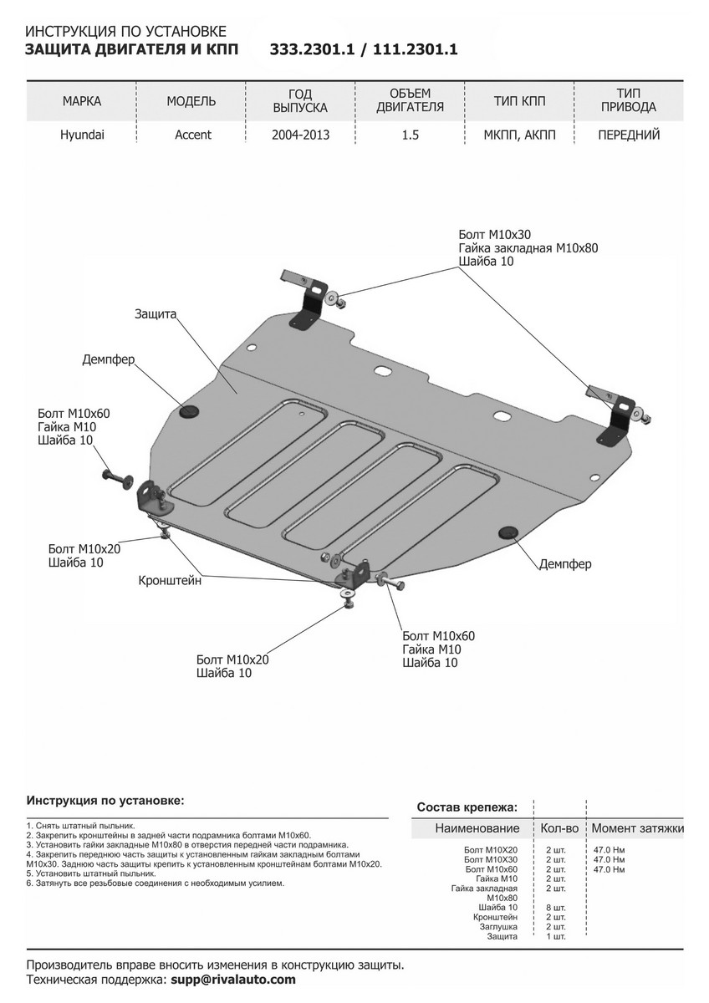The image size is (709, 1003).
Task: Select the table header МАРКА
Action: click(82, 101)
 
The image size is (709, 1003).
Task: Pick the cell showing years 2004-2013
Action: click(300, 135)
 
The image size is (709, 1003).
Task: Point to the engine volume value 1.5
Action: click(410, 135)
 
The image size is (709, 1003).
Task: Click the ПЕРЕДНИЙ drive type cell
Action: click(629, 135)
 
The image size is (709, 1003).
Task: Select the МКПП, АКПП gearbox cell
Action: click(519, 135)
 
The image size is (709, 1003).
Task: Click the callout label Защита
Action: click(155, 314)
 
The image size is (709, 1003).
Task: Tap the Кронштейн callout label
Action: click(171, 580)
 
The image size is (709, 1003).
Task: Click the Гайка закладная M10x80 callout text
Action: click(528, 248)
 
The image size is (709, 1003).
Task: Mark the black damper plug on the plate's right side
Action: click(506, 532)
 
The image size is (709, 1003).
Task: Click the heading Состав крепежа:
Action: click(467, 807)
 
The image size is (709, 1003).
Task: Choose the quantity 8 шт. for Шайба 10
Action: click(555, 907)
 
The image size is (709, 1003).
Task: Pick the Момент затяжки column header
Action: click(637, 828)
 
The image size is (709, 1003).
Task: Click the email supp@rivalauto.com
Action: click(232, 980)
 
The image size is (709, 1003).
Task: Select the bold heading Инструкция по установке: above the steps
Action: click(105, 800)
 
